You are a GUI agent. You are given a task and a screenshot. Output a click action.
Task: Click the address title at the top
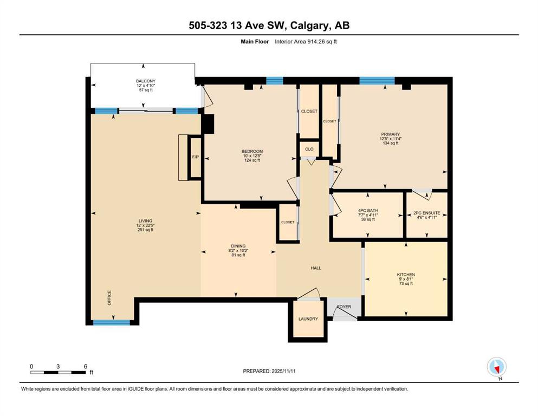(x=269, y=25)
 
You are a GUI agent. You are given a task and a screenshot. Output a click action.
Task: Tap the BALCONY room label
(x=145, y=81)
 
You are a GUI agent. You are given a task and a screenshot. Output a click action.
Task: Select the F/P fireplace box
(x=195, y=158)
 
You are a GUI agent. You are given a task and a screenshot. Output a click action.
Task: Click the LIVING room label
(x=145, y=221)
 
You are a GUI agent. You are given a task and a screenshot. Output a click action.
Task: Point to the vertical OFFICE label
(x=109, y=297)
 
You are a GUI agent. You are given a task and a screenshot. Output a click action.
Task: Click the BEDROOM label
(x=252, y=151)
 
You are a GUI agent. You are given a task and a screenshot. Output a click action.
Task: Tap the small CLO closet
(x=309, y=149)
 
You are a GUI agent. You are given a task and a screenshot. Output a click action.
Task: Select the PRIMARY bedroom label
(x=390, y=134)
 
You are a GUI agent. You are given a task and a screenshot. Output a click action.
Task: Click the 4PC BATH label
(x=368, y=211)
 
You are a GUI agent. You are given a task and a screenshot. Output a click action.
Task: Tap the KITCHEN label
(x=405, y=275)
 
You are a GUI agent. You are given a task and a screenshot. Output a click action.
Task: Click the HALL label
(x=316, y=268)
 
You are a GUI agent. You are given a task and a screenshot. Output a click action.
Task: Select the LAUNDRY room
(x=308, y=319)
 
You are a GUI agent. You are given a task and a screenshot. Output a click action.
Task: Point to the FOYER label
(x=344, y=307)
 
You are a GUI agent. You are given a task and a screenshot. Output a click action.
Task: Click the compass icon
(x=497, y=367)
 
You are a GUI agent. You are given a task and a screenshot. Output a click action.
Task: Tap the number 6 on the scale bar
(x=86, y=366)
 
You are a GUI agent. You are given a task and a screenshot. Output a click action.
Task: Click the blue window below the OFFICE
(x=112, y=322)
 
